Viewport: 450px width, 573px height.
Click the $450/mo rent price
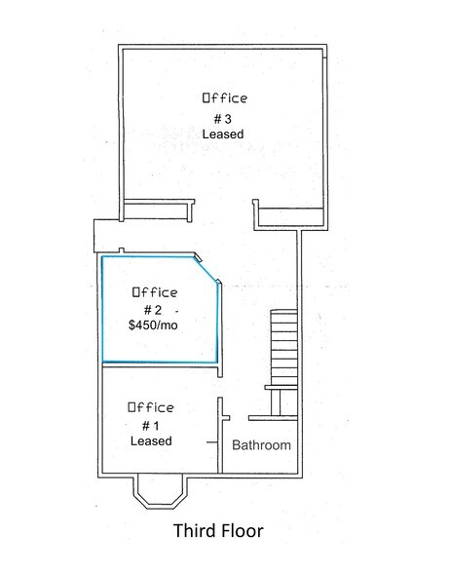tap(153, 325)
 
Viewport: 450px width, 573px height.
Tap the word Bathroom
tap(261, 445)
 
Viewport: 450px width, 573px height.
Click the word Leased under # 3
tap(223, 134)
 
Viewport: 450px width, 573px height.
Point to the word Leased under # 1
tap(151, 440)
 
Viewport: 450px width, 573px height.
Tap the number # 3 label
tap(223, 118)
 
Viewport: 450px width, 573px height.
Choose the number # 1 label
tap(151, 425)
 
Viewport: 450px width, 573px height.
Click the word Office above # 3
tap(224, 98)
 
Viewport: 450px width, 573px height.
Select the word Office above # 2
tap(154, 292)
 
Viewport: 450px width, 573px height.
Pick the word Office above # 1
tap(151, 407)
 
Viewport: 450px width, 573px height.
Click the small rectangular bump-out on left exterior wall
tap(103, 234)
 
